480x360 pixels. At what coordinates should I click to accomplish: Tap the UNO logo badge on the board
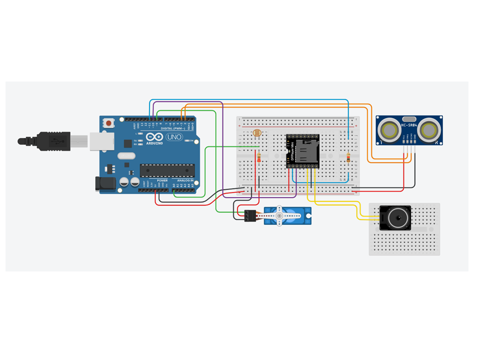[174, 136]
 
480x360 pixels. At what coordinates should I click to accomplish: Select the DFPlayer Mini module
[302, 151]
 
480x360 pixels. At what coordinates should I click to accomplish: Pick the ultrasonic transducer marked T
[388, 130]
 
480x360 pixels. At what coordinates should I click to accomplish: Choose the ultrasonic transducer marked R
[429, 130]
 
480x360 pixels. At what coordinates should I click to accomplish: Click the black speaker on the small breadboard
[395, 217]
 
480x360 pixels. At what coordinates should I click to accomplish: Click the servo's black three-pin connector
[250, 216]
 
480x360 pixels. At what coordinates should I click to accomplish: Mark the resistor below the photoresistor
[258, 157]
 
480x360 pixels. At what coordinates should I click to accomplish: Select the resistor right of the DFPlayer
[348, 158]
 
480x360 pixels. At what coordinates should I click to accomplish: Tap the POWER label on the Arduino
[162, 180]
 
